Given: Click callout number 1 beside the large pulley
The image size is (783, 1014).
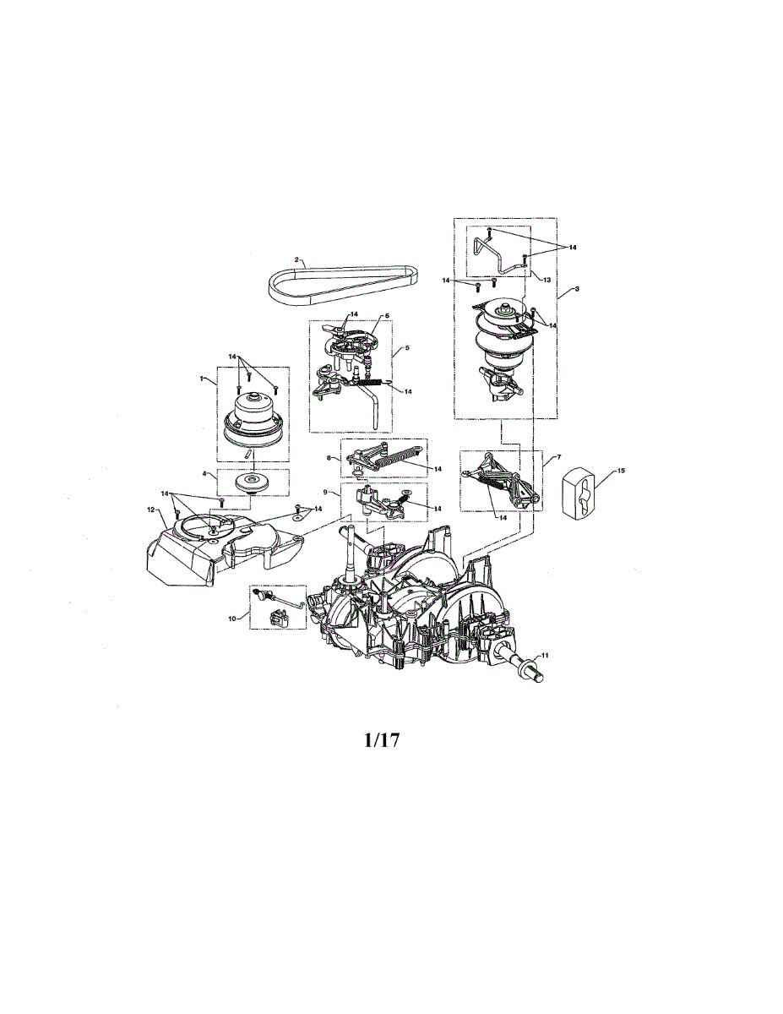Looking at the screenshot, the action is (x=201, y=379).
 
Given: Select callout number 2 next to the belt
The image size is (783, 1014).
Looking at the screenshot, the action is (x=296, y=259).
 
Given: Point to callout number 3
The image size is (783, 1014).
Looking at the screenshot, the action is (x=576, y=289).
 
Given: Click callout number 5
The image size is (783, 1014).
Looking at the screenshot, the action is (x=406, y=347).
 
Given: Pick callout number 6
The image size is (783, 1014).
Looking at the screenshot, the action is (x=386, y=315).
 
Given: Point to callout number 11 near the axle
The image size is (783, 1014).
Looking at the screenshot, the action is (x=545, y=656).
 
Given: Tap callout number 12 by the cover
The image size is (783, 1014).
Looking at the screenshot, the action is (x=151, y=510).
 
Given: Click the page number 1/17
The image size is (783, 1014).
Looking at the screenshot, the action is (x=380, y=741).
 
